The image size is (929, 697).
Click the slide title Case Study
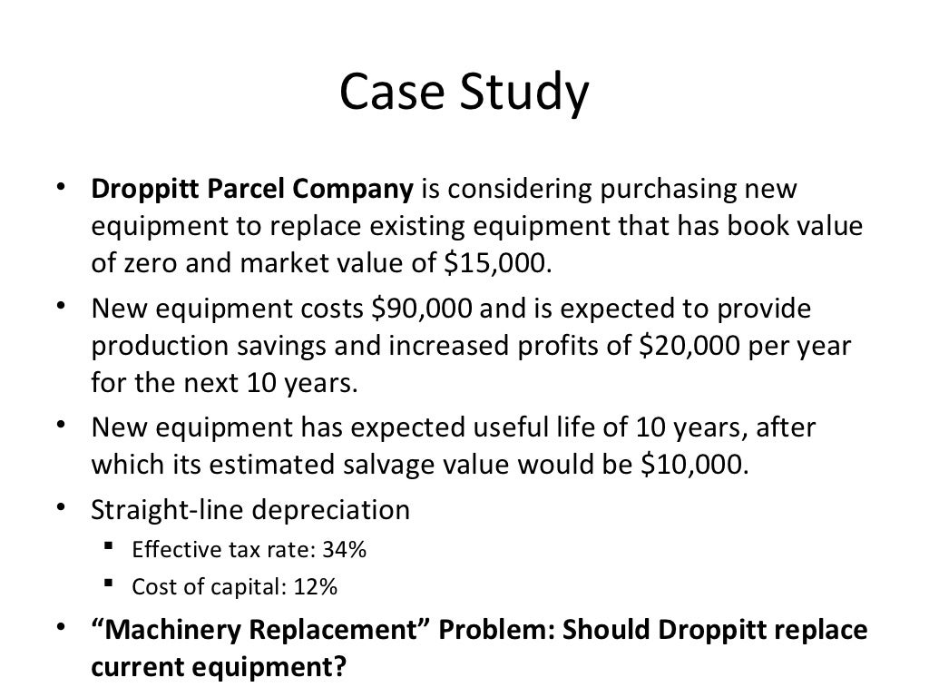464,94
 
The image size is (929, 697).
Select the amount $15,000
498,263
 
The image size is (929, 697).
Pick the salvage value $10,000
695,464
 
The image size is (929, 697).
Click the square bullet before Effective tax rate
109,548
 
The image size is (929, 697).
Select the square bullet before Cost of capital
109,584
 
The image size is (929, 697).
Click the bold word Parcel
249,191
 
